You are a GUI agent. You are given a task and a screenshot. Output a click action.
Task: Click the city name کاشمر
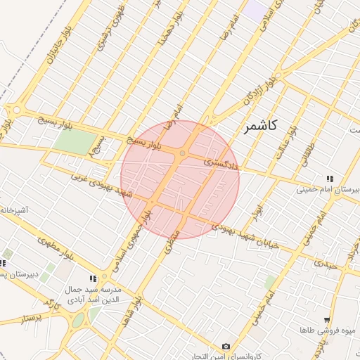click(x=261, y=127)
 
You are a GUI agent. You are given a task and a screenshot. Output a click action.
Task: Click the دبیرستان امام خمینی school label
click(x=328, y=189)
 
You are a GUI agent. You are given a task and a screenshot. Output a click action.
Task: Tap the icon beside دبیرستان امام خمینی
click(x=329, y=178)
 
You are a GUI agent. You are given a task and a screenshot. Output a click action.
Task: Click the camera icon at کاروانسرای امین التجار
click(x=226, y=346)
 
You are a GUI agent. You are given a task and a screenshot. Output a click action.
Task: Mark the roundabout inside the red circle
click(x=182, y=153)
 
